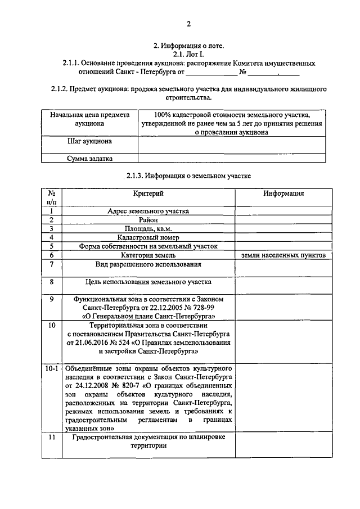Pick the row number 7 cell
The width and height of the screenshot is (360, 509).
point(51,264)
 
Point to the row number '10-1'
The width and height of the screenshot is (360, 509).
point(51,369)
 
